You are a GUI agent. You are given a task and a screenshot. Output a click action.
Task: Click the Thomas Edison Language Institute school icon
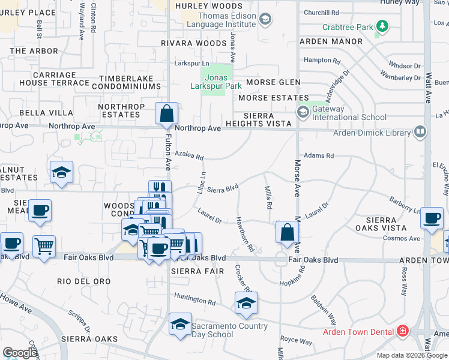click(x=265, y=20)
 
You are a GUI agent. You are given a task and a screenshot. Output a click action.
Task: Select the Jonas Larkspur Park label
click(x=217, y=82)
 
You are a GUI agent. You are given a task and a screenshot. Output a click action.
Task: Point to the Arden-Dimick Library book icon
click(x=420, y=131)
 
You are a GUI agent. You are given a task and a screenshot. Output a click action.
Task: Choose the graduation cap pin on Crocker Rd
click(x=246, y=304)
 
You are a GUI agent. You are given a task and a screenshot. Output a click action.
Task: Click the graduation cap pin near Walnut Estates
click(x=62, y=173)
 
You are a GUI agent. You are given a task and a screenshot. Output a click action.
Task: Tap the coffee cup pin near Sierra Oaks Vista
click(x=432, y=219)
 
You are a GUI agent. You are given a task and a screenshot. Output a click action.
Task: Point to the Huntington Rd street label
click(x=194, y=298)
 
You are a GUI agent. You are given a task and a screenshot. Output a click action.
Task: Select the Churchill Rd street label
click(x=322, y=12)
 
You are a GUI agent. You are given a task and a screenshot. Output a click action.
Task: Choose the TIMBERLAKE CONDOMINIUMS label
click(x=130, y=83)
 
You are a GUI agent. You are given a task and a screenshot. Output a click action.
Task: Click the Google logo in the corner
click(x=19, y=353)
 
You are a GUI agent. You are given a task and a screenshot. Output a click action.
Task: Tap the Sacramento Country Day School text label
click(x=229, y=330)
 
